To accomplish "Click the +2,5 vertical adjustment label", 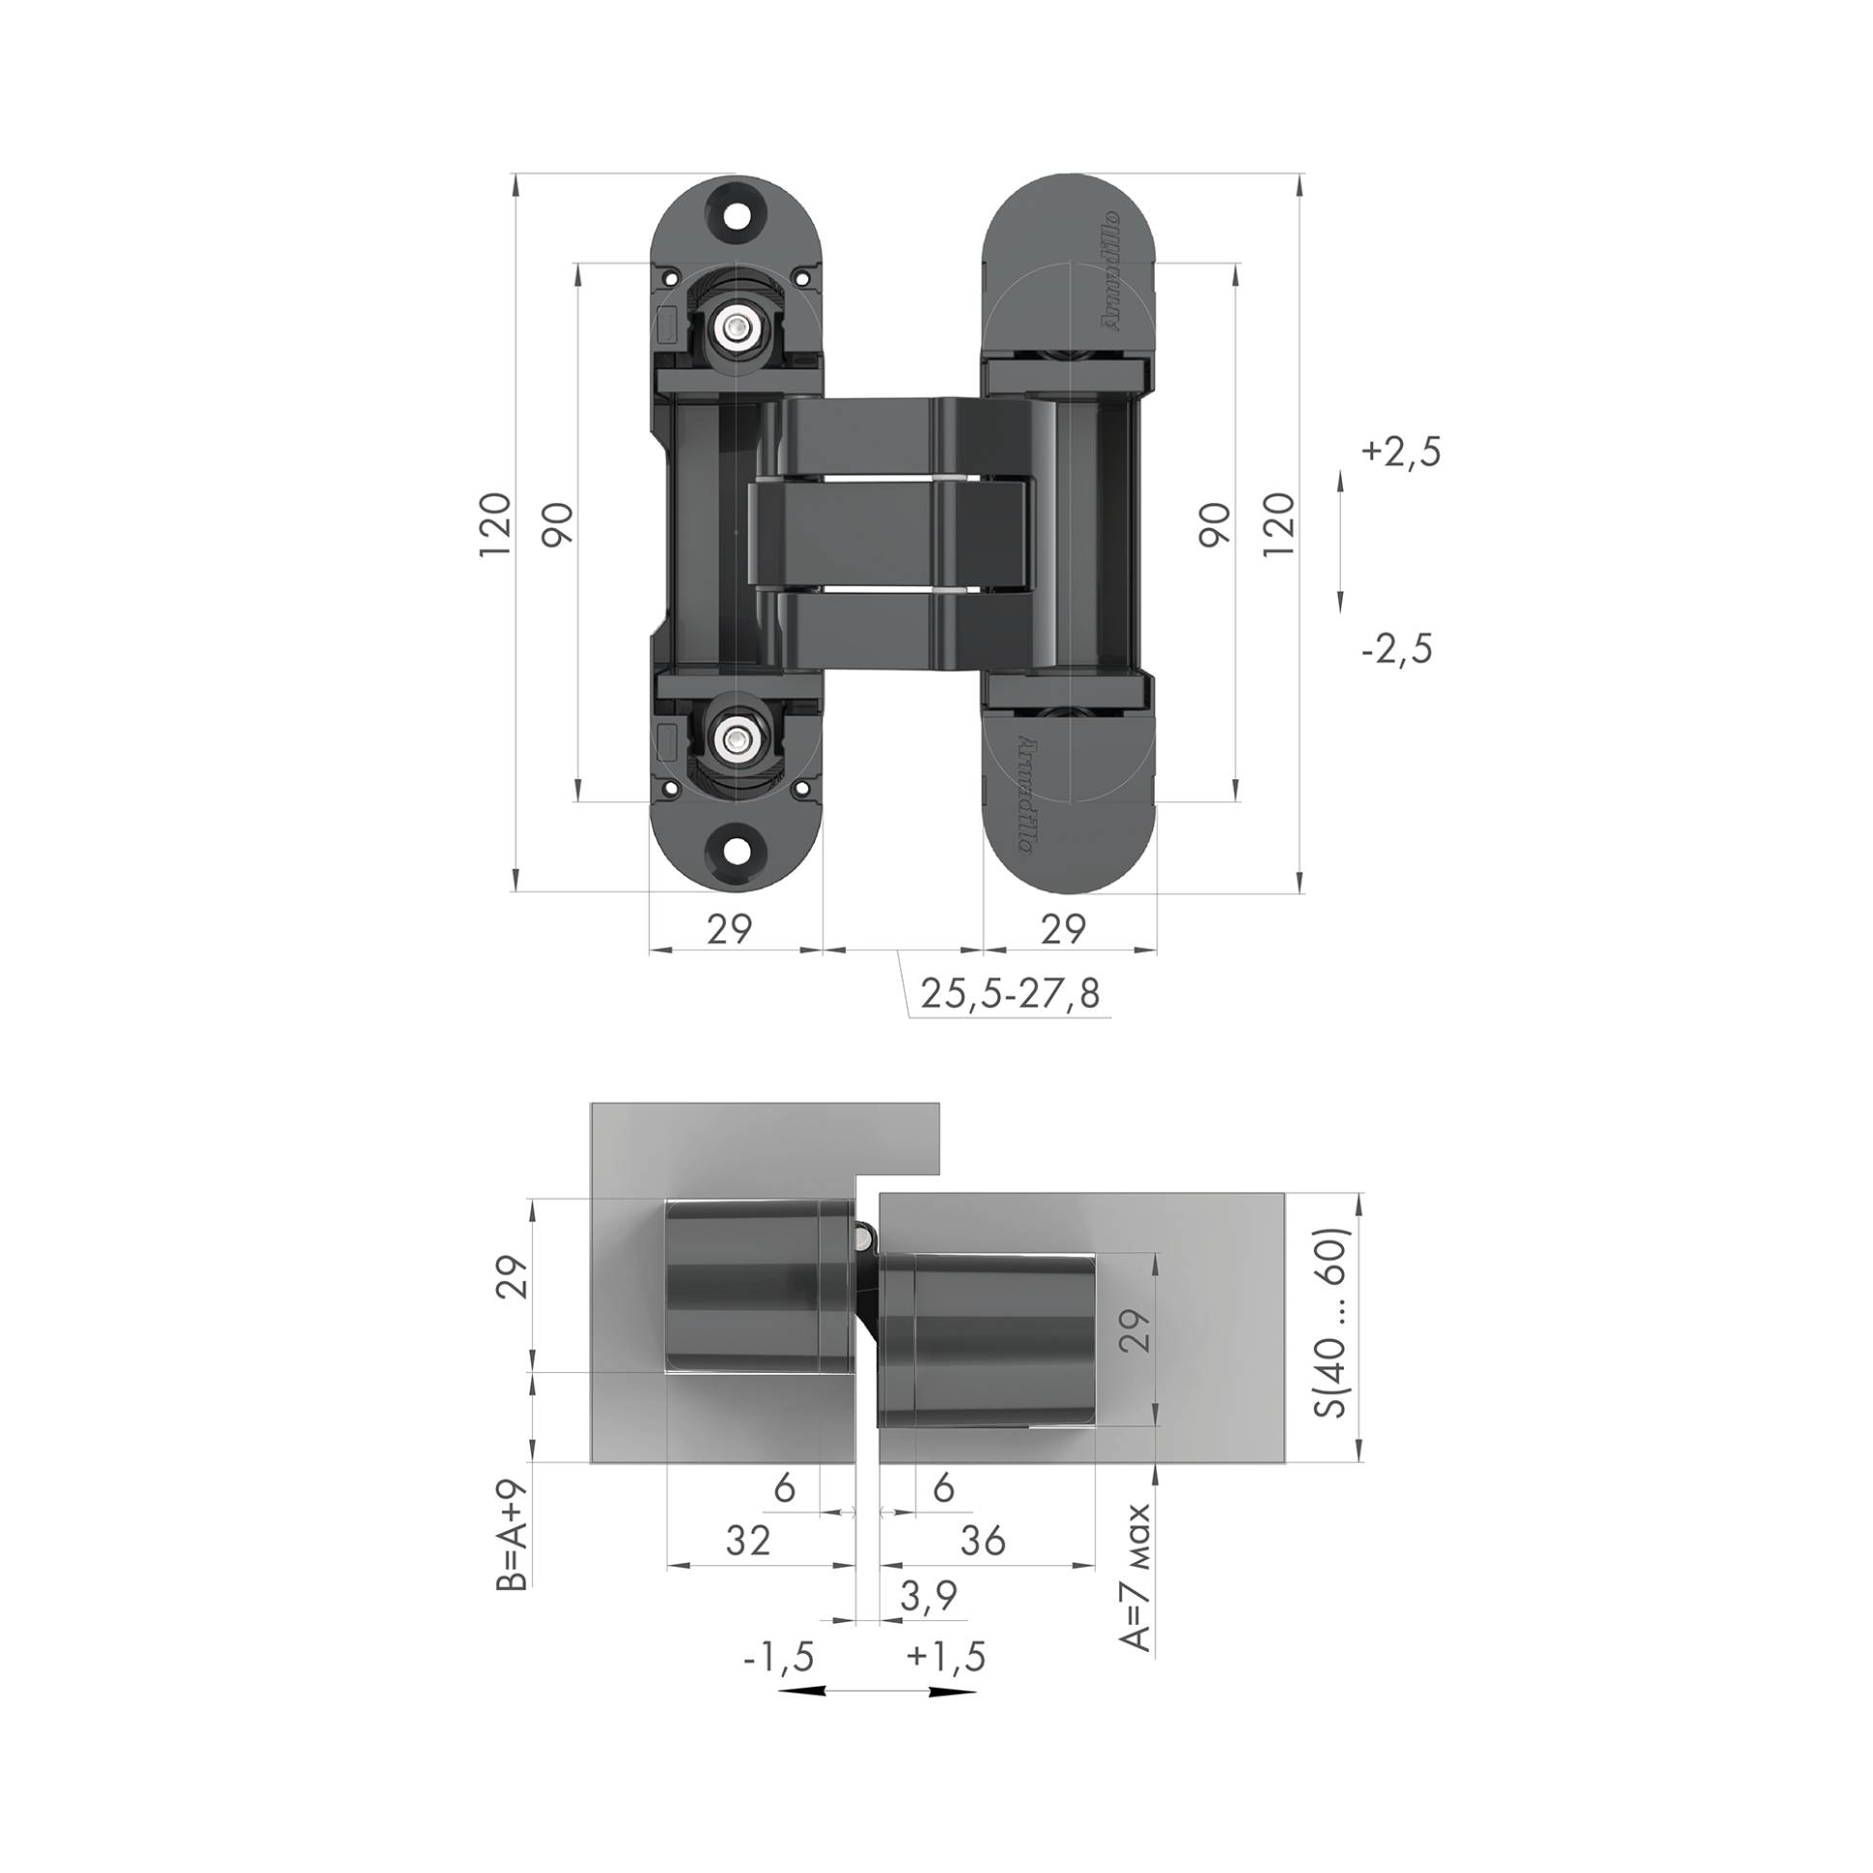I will point(1401,452).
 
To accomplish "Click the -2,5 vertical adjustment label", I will point(1397,649).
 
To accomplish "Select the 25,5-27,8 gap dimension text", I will point(1010,993).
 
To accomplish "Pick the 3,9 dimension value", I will point(928,1595).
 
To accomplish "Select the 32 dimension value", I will point(747,1541).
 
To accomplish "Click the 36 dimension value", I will point(982,1541).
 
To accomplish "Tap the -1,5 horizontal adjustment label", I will point(777,1657).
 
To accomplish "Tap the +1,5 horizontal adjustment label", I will point(945,1657).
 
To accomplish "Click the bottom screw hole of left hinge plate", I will point(736,851).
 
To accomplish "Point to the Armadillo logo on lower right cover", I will point(1025,794).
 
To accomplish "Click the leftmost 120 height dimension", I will point(495,524).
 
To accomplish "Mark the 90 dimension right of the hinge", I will point(1215,524).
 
